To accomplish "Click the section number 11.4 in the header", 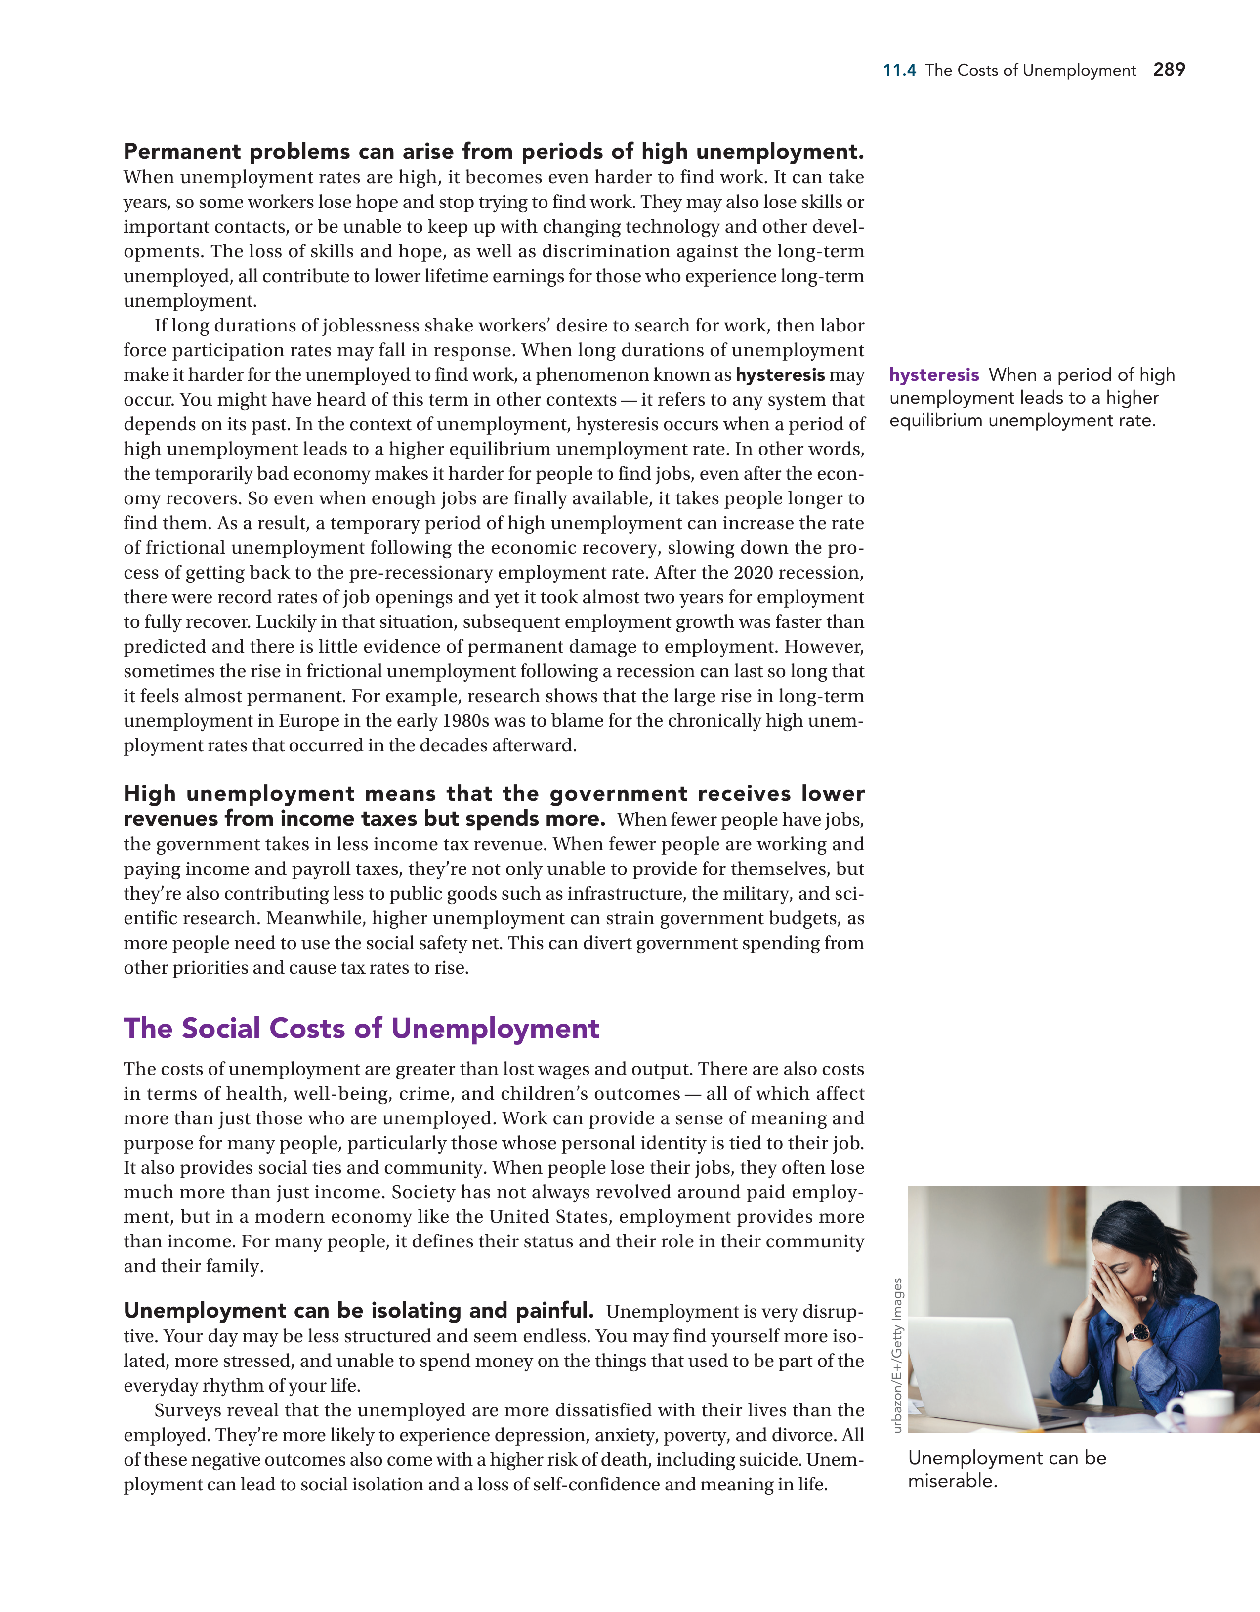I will pyautogui.click(x=899, y=71).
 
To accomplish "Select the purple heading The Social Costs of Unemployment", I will pyautogui.click(x=361, y=1028).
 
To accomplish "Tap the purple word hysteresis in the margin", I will pyautogui.click(x=934, y=375).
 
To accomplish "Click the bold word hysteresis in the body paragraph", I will pyautogui.click(x=780, y=375).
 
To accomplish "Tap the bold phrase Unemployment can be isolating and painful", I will pyautogui.click(x=359, y=1310).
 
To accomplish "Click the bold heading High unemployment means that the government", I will pyautogui.click(x=493, y=794).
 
